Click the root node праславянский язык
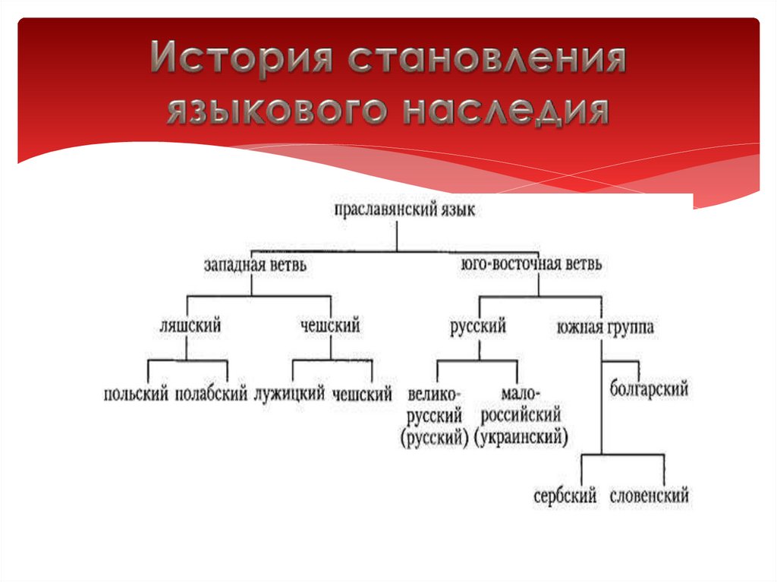(405, 211)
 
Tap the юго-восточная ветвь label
(532, 265)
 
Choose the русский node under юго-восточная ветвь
(478, 327)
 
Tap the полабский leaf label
(212, 395)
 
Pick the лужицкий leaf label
(290, 395)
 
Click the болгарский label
(649, 390)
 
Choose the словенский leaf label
(649, 497)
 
